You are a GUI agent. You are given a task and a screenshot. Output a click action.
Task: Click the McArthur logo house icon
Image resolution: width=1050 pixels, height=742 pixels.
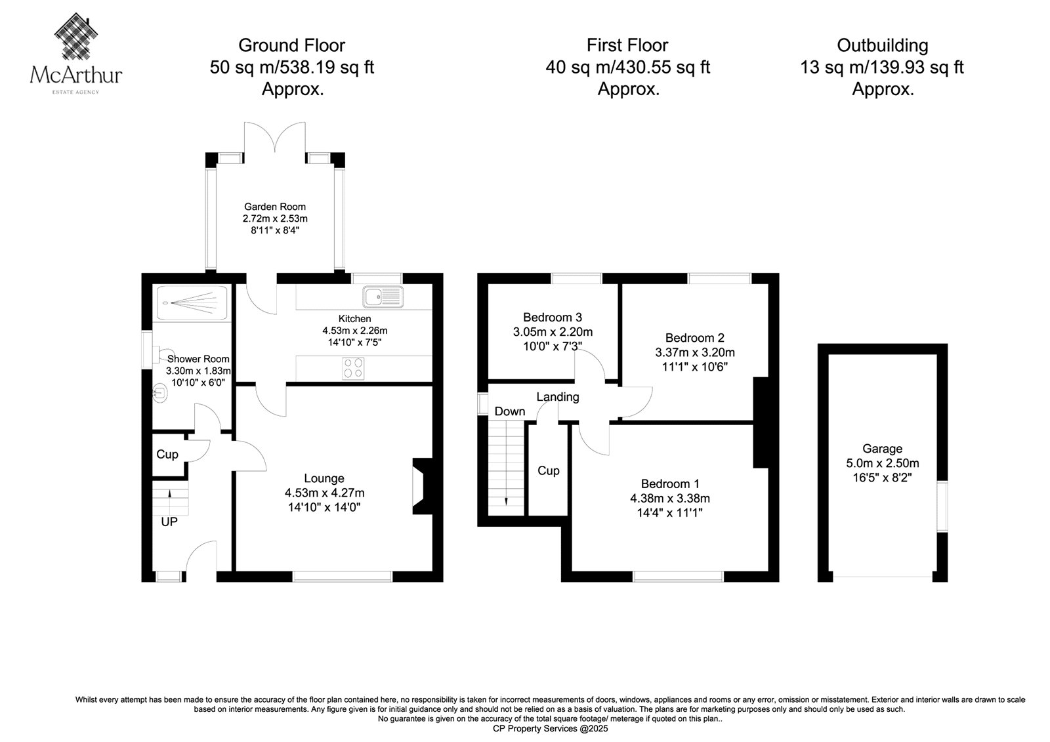[x=76, y=36]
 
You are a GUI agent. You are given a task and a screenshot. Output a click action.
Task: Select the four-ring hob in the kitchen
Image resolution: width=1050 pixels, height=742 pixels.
[x=353, y=368]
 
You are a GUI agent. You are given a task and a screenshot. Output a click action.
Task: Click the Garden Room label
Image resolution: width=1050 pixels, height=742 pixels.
[x=275, y=207]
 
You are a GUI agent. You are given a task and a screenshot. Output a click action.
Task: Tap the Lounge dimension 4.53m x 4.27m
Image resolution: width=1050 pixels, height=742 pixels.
[x=324, y=493]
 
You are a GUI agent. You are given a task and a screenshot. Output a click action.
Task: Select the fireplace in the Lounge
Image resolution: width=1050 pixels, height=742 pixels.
[x=422, y=486]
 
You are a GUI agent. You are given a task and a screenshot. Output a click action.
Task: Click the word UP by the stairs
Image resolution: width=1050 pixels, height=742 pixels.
[x=169, y=522]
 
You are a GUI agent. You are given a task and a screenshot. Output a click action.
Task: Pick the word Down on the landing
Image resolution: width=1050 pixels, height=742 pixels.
[x=509, y=411]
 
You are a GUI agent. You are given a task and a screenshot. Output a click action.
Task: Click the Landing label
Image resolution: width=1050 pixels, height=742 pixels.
[x=558, y=397]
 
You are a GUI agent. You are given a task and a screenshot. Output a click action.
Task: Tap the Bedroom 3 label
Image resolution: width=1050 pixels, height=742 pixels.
[x=553, y=318]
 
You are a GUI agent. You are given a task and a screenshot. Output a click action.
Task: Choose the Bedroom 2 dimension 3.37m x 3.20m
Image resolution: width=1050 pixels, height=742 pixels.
[x=695, y=352]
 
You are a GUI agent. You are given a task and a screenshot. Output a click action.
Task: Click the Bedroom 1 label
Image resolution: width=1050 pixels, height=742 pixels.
[x=670, y=484]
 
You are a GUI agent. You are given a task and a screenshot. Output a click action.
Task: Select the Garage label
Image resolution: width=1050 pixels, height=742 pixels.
[x=882, y=449]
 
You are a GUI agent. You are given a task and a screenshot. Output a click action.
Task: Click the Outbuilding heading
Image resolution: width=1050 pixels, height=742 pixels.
[x=882, y=45]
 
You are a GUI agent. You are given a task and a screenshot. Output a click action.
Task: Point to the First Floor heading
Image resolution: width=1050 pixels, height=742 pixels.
[x=627, y=45]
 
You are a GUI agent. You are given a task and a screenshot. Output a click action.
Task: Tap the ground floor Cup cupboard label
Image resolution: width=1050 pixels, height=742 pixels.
[x=167, y=454]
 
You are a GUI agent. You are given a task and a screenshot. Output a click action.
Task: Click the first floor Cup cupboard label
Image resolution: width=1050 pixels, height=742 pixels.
[x=549, y=470]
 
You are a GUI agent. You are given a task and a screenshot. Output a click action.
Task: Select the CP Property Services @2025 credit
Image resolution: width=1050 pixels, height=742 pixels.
[x=551, y=728]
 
